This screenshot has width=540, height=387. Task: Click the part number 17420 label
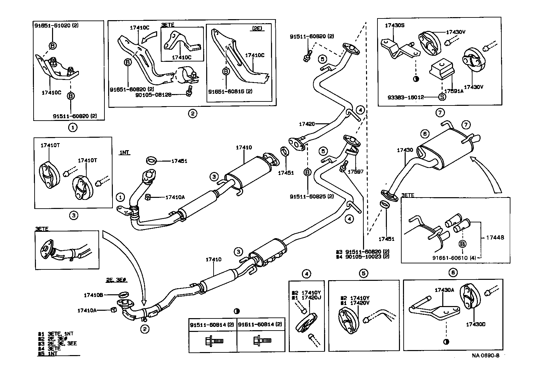307,124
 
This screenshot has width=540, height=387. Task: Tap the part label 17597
355,172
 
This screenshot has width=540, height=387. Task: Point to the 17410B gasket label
93,295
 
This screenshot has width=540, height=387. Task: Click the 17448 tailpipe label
495,237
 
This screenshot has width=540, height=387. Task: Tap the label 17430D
476,324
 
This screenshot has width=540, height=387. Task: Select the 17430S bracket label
395,25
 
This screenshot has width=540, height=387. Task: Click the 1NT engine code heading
124,153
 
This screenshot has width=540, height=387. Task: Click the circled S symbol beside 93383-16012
442,97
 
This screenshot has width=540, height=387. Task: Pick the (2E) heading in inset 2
257,29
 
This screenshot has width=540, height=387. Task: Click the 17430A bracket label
444,290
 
